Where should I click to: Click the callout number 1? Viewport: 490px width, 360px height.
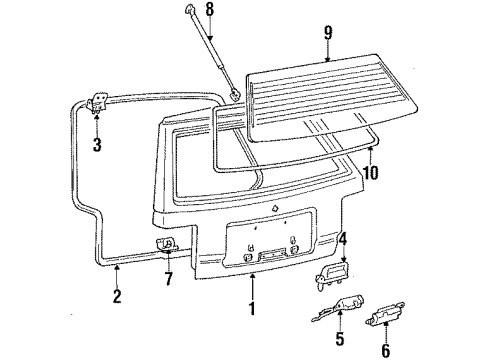pos(253,310)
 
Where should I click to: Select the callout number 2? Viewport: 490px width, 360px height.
pos(116,295)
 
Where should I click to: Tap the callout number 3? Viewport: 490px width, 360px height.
pos(96,145)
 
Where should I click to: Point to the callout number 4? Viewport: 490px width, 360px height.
pos(342,238)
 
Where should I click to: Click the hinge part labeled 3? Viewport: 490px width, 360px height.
pos(99,103)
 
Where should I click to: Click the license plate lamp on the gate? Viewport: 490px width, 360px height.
pos(270,257)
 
